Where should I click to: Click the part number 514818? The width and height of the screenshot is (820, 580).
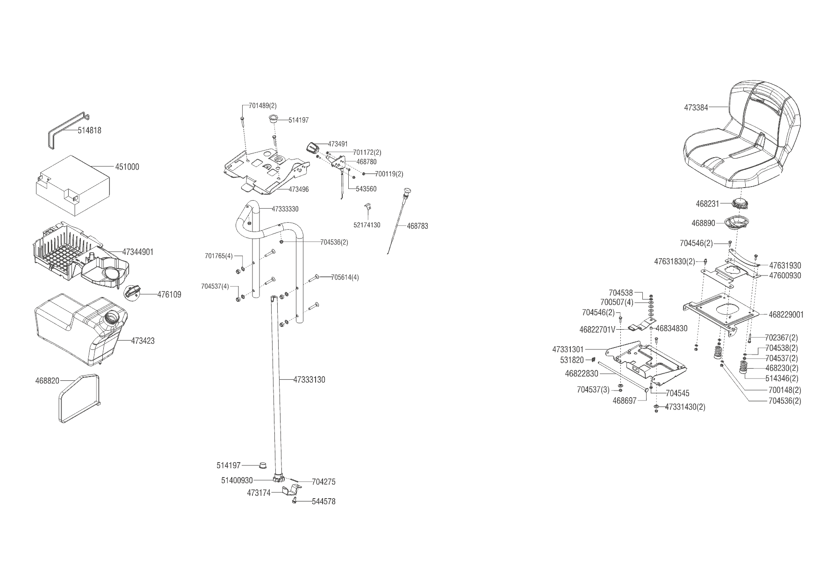(89, 130)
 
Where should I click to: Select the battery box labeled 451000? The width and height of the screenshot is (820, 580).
(72, 185)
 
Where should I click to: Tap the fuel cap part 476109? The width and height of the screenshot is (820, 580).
(133, 292)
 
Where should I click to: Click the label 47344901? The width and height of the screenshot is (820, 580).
(138, 252)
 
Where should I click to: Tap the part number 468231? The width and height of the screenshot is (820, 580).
(707, 204)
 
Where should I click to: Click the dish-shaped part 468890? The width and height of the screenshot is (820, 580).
(737, 223)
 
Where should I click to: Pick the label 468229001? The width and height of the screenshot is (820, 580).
(786, 315)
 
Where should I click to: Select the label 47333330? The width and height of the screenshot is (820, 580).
(285, 209)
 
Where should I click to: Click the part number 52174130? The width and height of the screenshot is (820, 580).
(367, 225)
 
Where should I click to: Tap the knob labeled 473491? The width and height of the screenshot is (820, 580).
(312, 147)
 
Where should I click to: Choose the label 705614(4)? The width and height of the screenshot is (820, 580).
(345, 277)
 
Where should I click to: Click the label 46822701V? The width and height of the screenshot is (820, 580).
(597, 330)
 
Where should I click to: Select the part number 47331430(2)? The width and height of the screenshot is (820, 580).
(685, 407)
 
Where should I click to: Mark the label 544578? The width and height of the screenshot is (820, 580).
(324, 501)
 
